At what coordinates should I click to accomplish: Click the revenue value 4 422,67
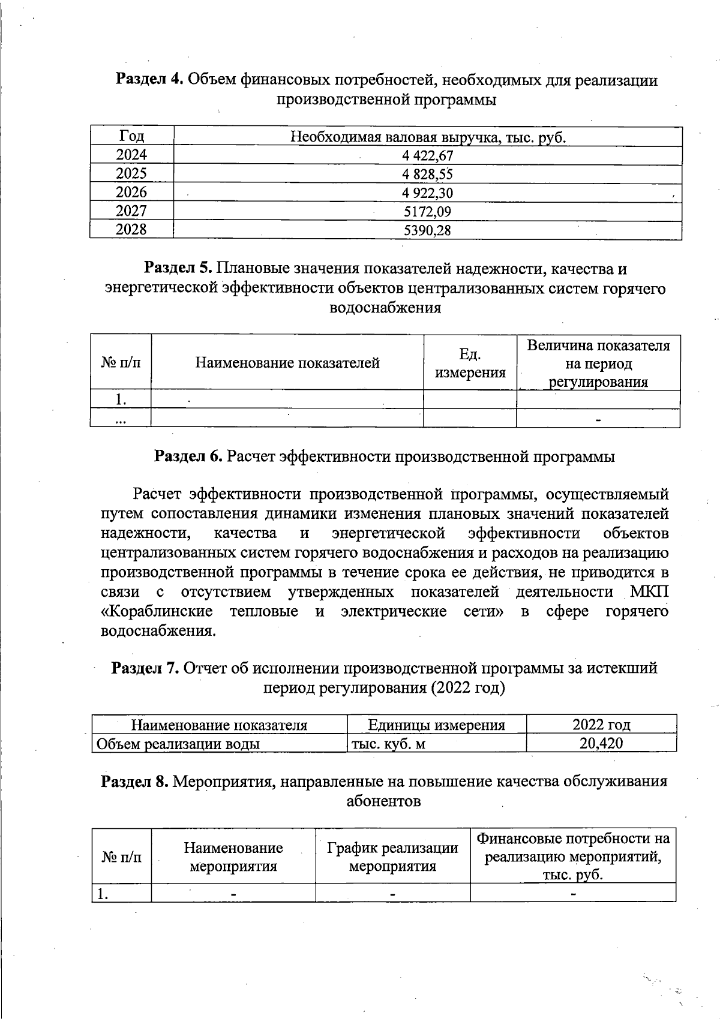(x=427, y=156)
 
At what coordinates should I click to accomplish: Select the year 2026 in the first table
(x=131, y=193)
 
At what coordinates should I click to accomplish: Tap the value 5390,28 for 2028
(x=427, y=230)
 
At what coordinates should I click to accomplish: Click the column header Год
(x=131, y=137)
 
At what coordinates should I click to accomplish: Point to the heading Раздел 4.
(x=149, y=80)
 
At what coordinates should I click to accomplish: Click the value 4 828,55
(x=427, y=175)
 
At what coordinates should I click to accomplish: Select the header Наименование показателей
(x=287, y=363)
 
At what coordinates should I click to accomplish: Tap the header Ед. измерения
(x=470, y=363)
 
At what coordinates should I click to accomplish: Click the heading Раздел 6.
(x=189, y=456)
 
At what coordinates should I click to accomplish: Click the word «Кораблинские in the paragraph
(x=156, y=612)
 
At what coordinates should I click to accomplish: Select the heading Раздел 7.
(x=145, y=668)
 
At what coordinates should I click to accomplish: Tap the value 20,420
(x=601, y=744)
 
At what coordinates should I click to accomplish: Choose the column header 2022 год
(x=601, y=725)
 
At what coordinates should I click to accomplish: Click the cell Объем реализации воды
(x=178, y=744)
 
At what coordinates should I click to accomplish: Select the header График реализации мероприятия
(x=392, y=856)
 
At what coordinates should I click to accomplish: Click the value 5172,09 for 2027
(x=427, y=212)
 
